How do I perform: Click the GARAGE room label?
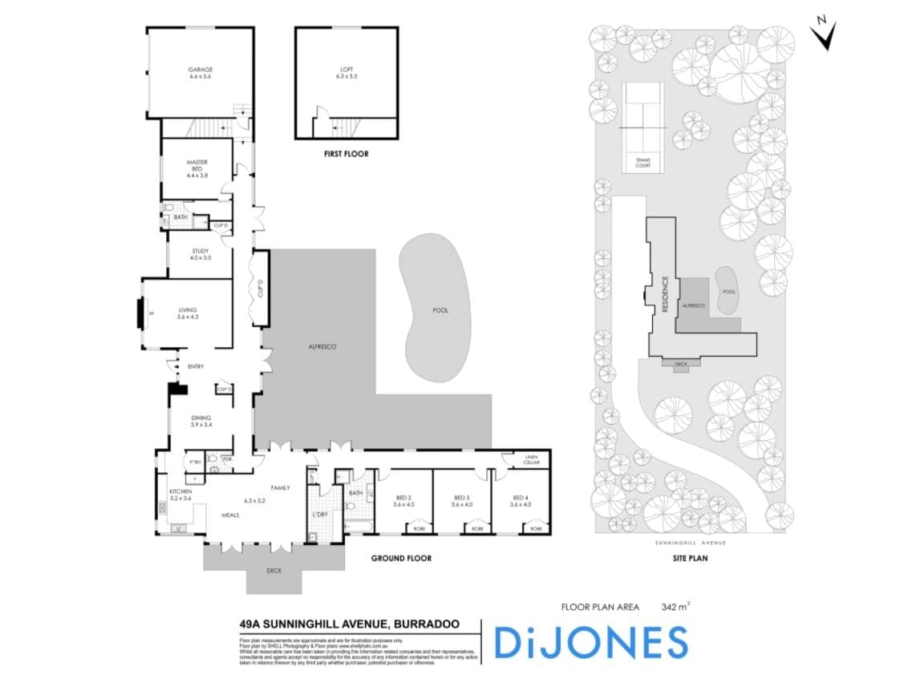(201, 70)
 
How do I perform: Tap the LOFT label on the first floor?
(346, 70)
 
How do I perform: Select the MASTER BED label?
(197, 166)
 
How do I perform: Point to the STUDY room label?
(200, 252)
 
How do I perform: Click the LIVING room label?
(188, 310)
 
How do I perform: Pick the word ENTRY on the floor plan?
(196, 367)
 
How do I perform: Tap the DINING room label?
(201, 417)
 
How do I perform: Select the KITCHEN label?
(180, 491)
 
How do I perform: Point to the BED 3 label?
(461, 497)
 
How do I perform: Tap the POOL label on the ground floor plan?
(440, 310)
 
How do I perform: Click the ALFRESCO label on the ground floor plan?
(322, 346)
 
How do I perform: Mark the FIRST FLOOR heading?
(346, 154)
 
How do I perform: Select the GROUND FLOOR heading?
(401, 558)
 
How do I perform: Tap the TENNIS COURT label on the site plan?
(643, 162)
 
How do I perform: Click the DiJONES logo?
(590, 641)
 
